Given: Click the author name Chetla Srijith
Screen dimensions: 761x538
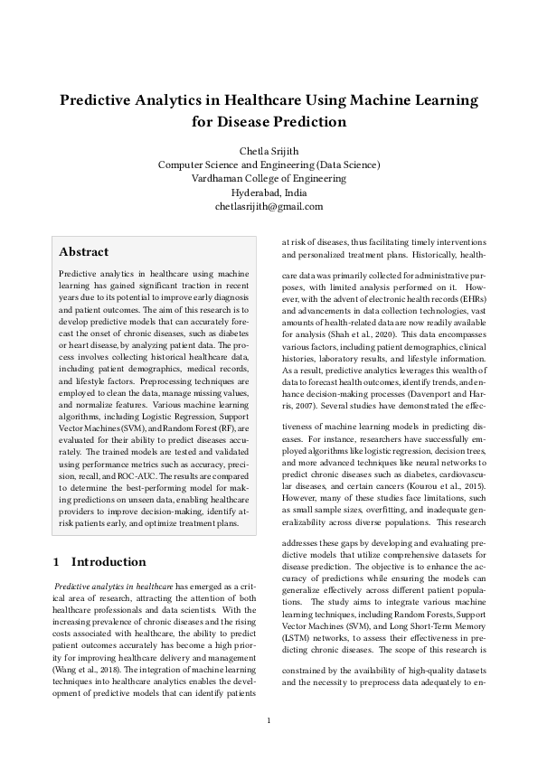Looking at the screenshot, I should click(x=269, y=150).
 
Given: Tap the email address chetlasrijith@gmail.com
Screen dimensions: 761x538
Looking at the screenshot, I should click(x=269, y=207).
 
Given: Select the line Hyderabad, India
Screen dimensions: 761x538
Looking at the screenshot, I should click(x=269, y=193).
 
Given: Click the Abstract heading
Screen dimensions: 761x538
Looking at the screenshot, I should click(x=83, y=252).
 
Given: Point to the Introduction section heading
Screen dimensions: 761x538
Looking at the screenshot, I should click(x=109, y=561).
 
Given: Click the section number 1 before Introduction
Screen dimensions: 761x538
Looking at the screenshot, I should click(x=58, y=561).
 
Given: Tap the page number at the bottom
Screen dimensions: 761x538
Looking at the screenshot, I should click(x=269, y=719).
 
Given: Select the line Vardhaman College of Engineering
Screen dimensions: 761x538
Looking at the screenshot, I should click(x=269, y=178).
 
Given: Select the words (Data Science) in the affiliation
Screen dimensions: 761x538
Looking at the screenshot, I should click(x=347, y=164).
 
